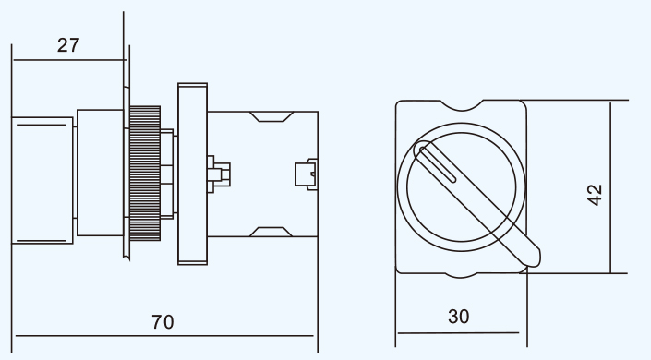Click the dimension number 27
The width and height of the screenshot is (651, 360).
pyautogui.click(x=68, y=45)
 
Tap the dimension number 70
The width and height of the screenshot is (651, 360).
pyautogui.click(x=163, y=322)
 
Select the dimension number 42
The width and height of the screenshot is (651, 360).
pyautogui.click(x=595, y=195)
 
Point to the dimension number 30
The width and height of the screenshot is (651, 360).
pyautogui.click(x=459, y=317)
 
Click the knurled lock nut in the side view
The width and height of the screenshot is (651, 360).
pyautogui.click(x=145, y=174)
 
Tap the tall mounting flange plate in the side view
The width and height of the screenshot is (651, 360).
pyautogui.click(x=193, y=174)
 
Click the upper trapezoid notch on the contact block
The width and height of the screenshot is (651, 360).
pyautogui.click(x=271, y=116)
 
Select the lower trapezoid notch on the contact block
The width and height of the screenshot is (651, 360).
pyautogui.click(x=271, y=232)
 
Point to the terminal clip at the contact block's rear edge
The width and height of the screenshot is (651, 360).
pyautogui.click(x=307, y=174)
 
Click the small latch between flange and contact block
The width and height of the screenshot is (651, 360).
pyautogui.click(x=218, y=174)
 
